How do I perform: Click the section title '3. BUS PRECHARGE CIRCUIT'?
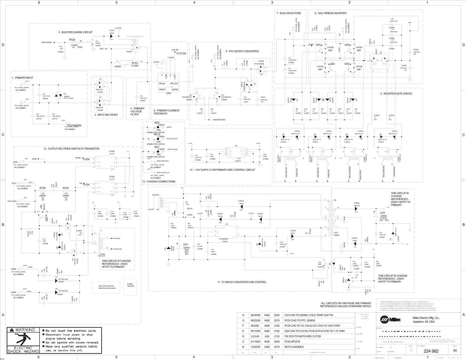pyautogui.click(x=75, y=32)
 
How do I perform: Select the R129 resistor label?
pyautogui.click(x=72, y=40)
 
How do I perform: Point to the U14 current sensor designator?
pyautogui.click(x=168, y=94)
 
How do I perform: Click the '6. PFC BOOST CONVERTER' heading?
pyautogui.click(x=242, y=51)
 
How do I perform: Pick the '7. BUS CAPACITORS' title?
pyautogui.click(x=289, y=13)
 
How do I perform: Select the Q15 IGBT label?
pyautogui.click(x=318, y=45)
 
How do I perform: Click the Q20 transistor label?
pyautogui.click(x=332, y=64)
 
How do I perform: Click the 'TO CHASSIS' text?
pyautogui.click(x=74, y=125)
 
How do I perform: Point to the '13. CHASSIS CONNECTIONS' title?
pyautogui.click(x=158, y=181)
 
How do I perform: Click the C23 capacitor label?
pyautogui.click(x=382, y=212)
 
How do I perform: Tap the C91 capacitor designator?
pyautogui.click(x=186, y=245)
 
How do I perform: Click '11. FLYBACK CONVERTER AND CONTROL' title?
pyautogui.click(x=242, y=282)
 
